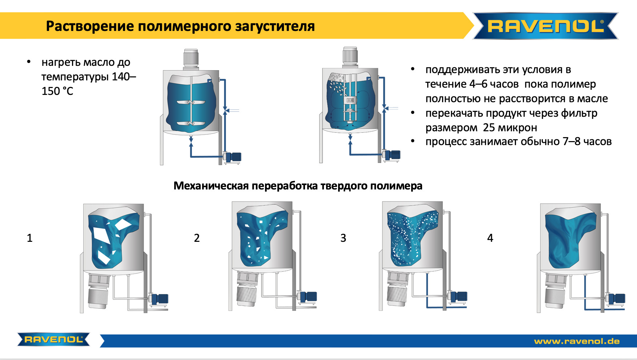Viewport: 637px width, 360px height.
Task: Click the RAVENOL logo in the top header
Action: point(545,26)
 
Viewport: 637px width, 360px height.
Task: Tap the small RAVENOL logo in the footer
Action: point(53,339)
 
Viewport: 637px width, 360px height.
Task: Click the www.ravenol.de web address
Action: point(577,341)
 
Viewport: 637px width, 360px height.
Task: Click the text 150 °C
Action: point(57,91)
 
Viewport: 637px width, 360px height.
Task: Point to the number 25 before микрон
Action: point(489,128)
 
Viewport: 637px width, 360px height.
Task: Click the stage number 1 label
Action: point(30,238)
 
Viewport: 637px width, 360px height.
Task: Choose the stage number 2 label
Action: point(197,238)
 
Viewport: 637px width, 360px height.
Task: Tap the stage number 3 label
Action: point(343,238)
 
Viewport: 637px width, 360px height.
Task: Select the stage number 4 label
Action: point(490,238)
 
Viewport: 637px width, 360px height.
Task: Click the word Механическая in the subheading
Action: point(211,186)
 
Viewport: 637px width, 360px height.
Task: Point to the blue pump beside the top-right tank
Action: point(392,155)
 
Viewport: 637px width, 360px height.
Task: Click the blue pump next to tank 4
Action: point(617,299)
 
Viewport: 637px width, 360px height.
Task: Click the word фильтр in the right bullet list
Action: point(579,113)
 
